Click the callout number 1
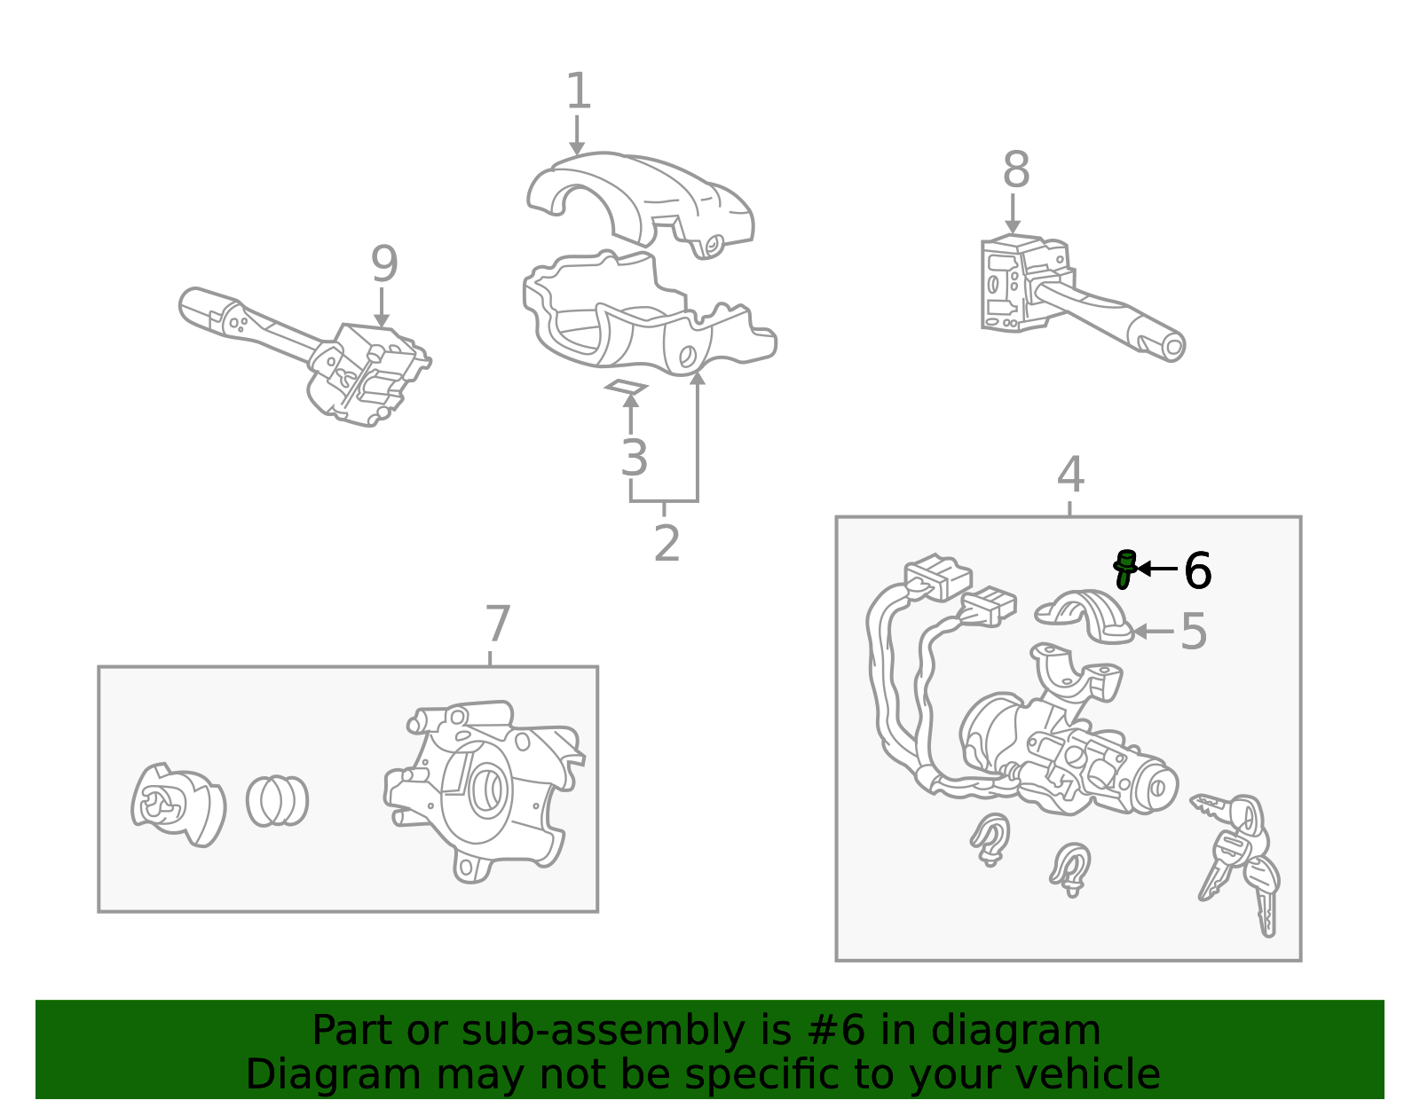pos(579,90)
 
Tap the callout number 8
pos(1016,169)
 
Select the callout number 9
pos(384,263)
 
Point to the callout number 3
pos(634,458)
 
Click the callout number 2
pos(667,543)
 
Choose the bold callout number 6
pos(1198,570)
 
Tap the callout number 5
pos(1194,632)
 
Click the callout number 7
pos(497,624)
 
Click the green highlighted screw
pos(1124,570)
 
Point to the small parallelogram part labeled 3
pos(626,387)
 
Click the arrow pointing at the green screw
pos(1157,569)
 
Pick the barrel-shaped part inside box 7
pos(277,800)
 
